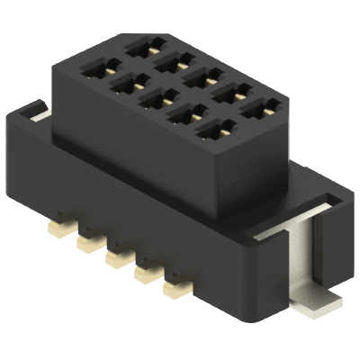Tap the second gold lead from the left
click(85, 241)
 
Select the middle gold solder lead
click(114, 257)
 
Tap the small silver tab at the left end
click(33, 112)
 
